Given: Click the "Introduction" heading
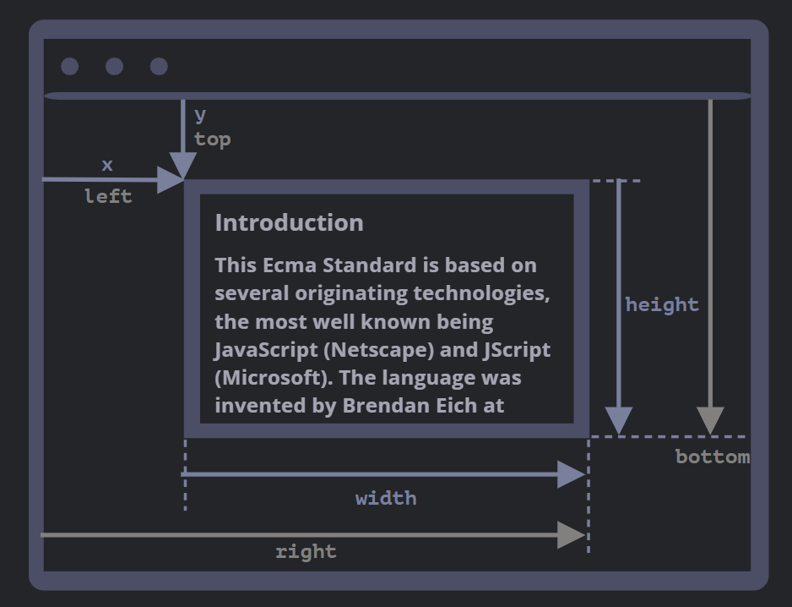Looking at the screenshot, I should pos(289,223).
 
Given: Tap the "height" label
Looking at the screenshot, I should pos(662,305).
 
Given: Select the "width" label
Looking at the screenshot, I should pos(386,499).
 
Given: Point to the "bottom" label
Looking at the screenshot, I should pos(713,457).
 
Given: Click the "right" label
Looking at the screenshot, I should pos(306,552).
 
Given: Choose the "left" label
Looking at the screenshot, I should pos(108,197).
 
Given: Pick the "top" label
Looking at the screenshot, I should pos(212,139).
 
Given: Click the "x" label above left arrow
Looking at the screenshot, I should pos(106,166).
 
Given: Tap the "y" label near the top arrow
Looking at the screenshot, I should pos(200,114).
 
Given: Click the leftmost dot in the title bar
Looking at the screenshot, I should pos(70,66).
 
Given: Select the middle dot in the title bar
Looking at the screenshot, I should pos(114,66).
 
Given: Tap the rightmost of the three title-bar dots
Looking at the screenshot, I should pos(159,66).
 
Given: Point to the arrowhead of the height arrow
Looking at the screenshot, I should pos(619,420).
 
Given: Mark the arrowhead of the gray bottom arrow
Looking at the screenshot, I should pos(710,420).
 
